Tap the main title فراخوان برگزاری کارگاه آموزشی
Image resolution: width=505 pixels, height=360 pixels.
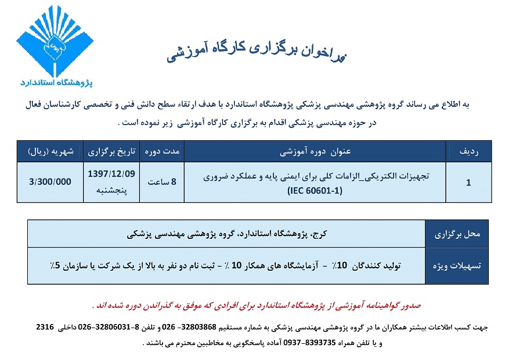(x=256, y=52)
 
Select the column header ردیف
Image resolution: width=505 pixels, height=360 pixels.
(x=468, y=152)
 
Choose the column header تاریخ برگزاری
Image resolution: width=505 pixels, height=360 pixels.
(x=111, y=152)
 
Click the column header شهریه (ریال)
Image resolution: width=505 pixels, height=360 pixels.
(x=50, y=152)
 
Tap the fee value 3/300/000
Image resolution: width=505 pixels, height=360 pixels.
(x=50, y=181)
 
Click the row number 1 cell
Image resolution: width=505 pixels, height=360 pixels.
(x=468, y=182)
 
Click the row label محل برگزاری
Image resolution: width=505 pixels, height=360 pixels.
(x=458, y=235)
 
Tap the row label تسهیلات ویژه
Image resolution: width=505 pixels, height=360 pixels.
(x=458, y=266)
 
